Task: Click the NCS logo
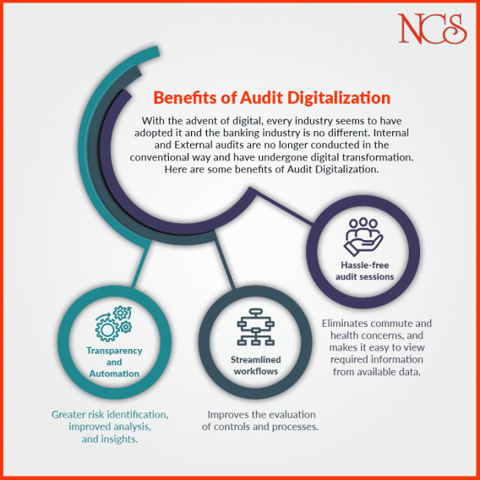tap(432, 29)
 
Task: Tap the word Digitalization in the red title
tap(339, 98)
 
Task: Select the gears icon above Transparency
tap(113, 324)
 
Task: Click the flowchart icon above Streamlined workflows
tap(255, 327)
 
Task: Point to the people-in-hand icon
tap(363, 237)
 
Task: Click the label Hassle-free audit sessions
tap(364, 270)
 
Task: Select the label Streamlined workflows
tap(255, 365)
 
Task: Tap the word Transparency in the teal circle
tap(114, 351)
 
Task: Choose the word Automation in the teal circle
tap(114, 374)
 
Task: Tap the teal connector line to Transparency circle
tap(141, 265)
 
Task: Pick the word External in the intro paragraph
tap(193, 145)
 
